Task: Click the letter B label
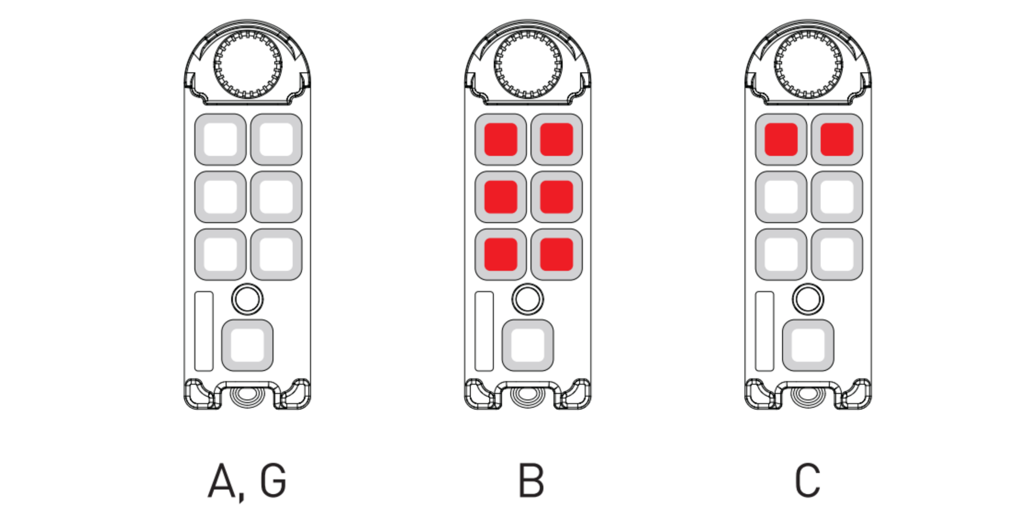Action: point(531,480)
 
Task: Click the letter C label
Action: point(808,480)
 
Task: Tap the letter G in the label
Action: point(273,480)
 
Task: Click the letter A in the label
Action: point(222,480)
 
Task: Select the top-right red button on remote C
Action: point(837,139)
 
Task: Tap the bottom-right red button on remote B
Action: point(557,255)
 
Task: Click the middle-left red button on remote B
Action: point(501,197)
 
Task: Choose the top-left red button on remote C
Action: point(781,139)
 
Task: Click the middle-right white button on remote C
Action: point(837,197)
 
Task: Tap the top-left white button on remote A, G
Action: point(220,139)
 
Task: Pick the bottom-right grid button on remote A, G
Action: point(276,255)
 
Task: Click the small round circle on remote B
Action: point(528,299)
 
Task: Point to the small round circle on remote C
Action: point(808,299)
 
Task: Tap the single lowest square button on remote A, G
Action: point(247,345)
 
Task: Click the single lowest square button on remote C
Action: point(808,345)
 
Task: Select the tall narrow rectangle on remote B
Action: point(484,331)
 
